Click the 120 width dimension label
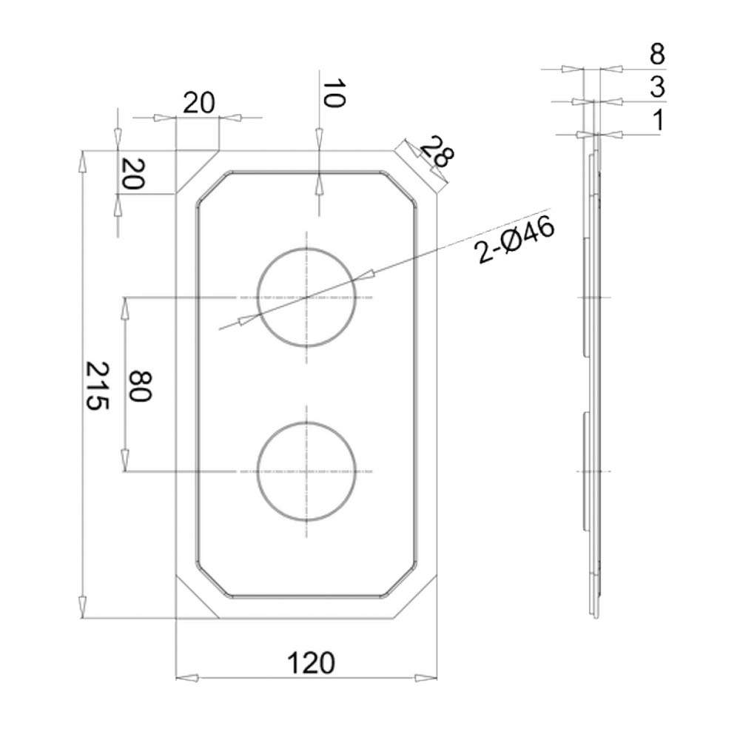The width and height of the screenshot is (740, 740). pyautogui.click(x=309, y=662)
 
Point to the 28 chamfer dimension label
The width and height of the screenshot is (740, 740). pyautogui.click(x=437, y=154)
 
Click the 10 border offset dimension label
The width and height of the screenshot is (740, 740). pyautogui.click(x=333, y=95)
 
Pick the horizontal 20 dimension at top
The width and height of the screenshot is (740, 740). pyautogui.click(x=198, y=103)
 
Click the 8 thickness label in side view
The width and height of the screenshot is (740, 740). pyautogui.click(x=656, y=55)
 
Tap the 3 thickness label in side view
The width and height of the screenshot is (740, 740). pyautogui.click(x=656, y=87)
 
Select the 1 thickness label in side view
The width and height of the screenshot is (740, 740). pyautogui.click(x=656, y=119)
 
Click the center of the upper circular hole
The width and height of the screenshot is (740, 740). pyautogui.click(x=306, y=297)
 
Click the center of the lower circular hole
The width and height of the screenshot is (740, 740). pyautogui.click(x=306, y=471)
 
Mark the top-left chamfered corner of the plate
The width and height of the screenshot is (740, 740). pyautogui.click(x=197, y=172)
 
